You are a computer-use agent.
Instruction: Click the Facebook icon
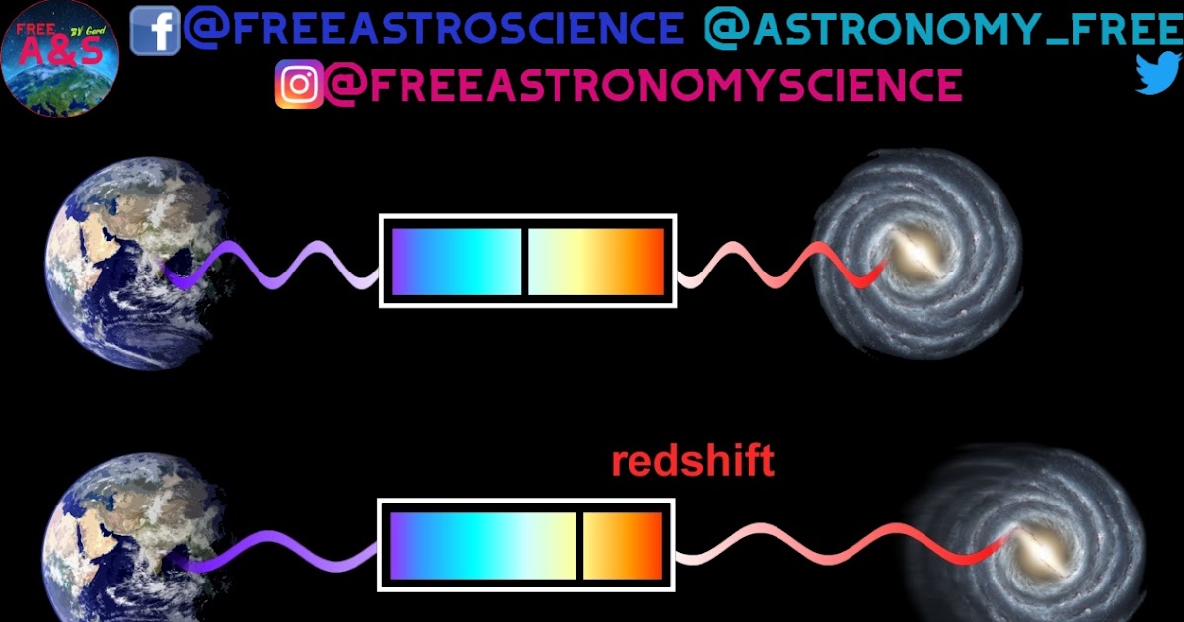(x=155, y=30)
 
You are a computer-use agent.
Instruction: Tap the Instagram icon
(x=299, y=84)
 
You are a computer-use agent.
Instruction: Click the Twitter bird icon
(x=1157, y=73)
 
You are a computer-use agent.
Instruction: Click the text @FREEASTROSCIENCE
(x=433, y=29)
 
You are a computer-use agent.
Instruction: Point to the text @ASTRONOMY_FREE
(x=942, y=30)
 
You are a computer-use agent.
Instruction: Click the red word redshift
(x=693, y=462)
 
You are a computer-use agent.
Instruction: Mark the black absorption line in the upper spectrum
(x=524, y=262)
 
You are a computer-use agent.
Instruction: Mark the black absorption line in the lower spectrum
(x=579, y=546)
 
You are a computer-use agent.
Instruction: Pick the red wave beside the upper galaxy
(x=779, y=265)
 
